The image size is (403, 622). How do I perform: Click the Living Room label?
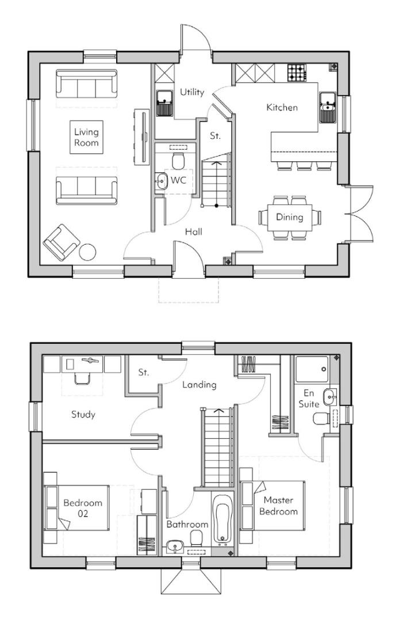tap(86, 137)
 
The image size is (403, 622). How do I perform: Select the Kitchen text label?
tap(282, 107)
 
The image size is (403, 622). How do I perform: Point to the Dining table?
tap(289, 218)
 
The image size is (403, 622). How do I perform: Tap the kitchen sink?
tap(328, 107)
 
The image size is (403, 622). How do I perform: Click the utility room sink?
tap(165, 104)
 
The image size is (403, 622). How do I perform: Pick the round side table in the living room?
tap(88, 252)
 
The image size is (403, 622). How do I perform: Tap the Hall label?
tap(193, 232)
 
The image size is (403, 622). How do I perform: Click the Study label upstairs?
tap(83, 414)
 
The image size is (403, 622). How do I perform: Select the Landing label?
tap(199, 384)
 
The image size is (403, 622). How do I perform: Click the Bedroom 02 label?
tap(83, 507)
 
